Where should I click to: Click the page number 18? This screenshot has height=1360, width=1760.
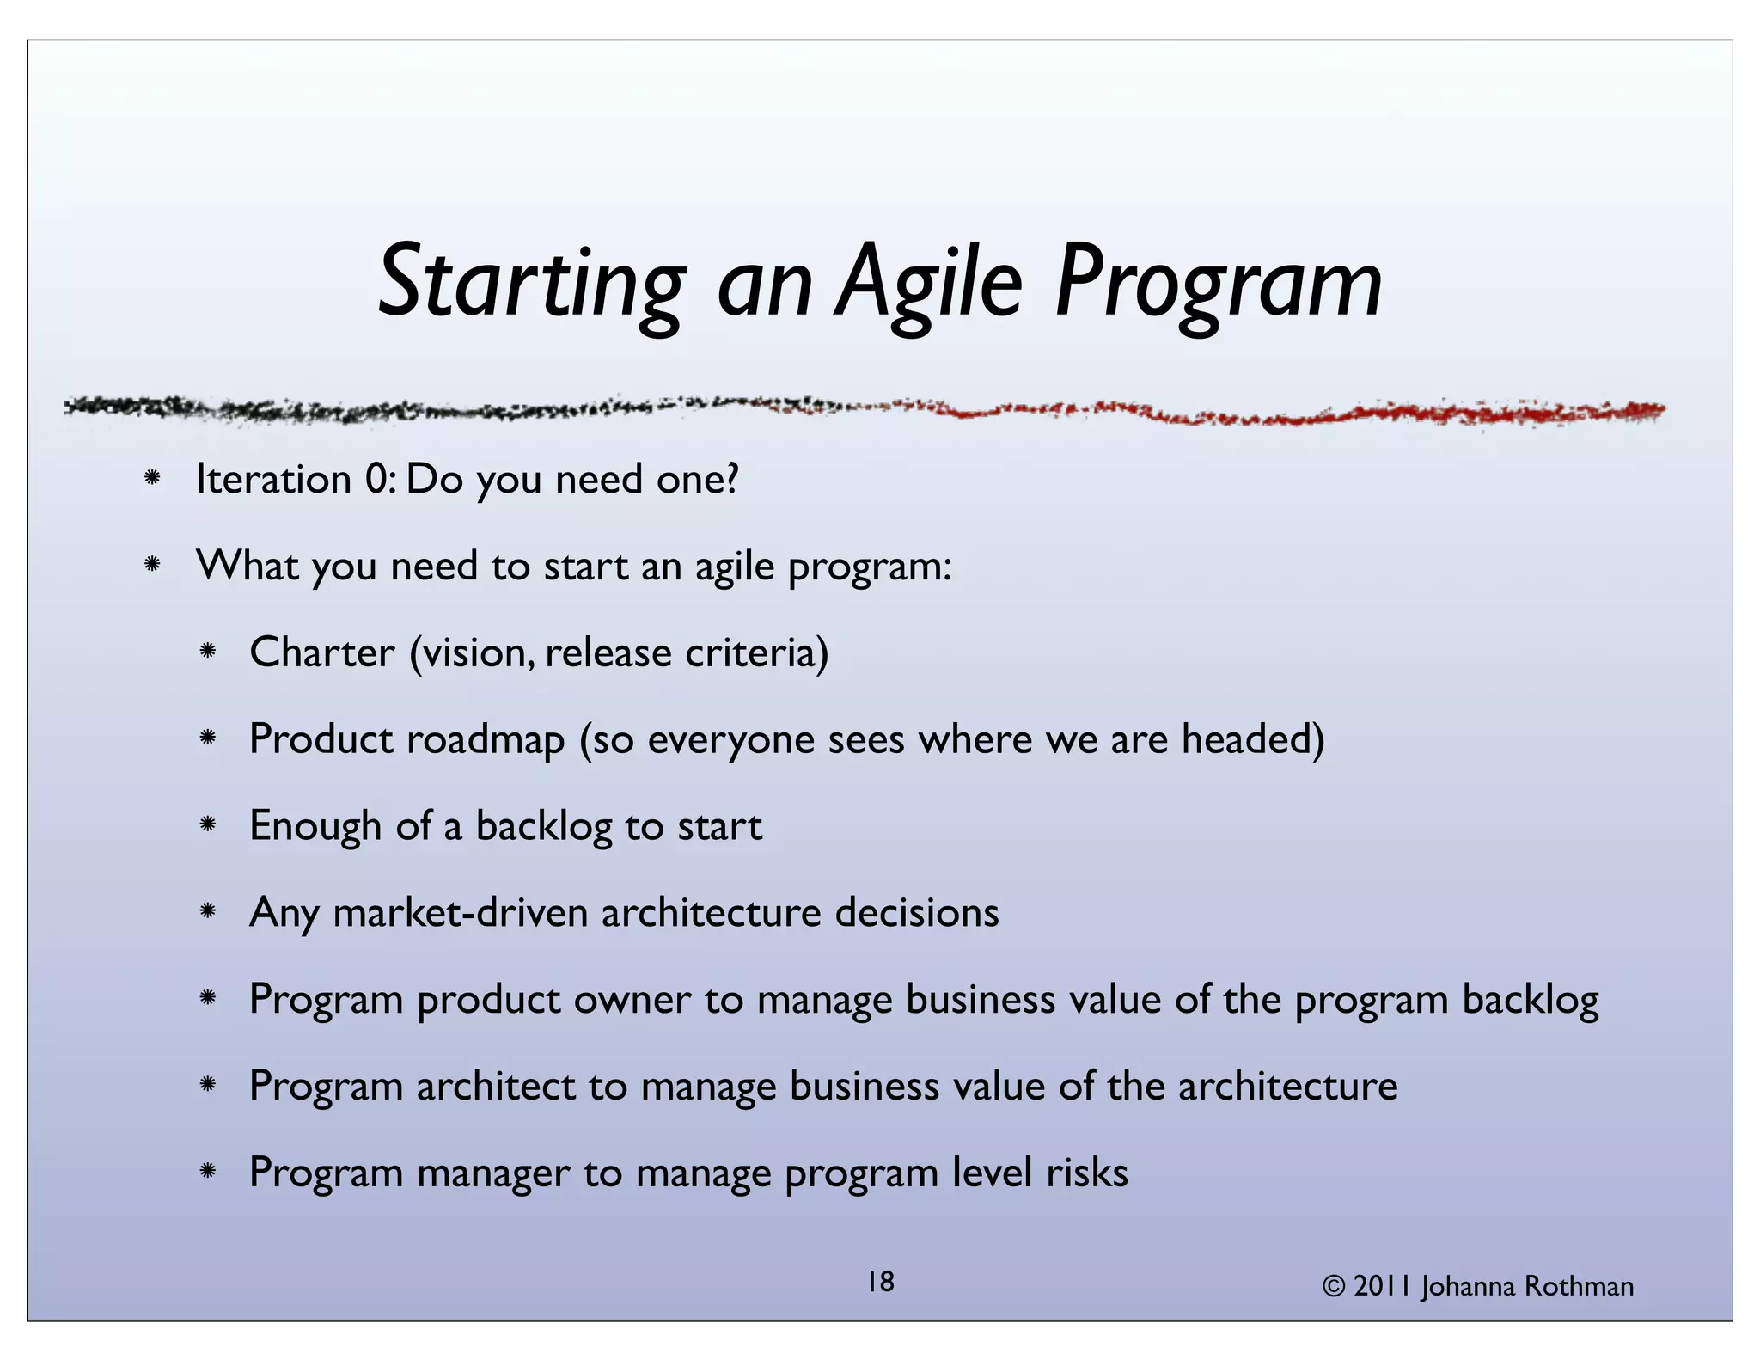click(880, 1282)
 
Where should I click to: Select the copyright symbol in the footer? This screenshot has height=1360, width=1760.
click(1333, 1287)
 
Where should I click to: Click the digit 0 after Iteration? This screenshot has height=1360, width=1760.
click(376, 479)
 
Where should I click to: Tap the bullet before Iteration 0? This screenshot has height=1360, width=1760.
click(152, 478)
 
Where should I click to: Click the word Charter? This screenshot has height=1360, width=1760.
click(322, 652)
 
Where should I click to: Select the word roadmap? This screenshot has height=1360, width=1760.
click(485, 739)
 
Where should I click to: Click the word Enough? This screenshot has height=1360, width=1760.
click(315, 826)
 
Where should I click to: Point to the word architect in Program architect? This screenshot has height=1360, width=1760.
click(496, 1087)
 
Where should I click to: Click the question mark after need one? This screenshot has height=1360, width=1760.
click(732, 478)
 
